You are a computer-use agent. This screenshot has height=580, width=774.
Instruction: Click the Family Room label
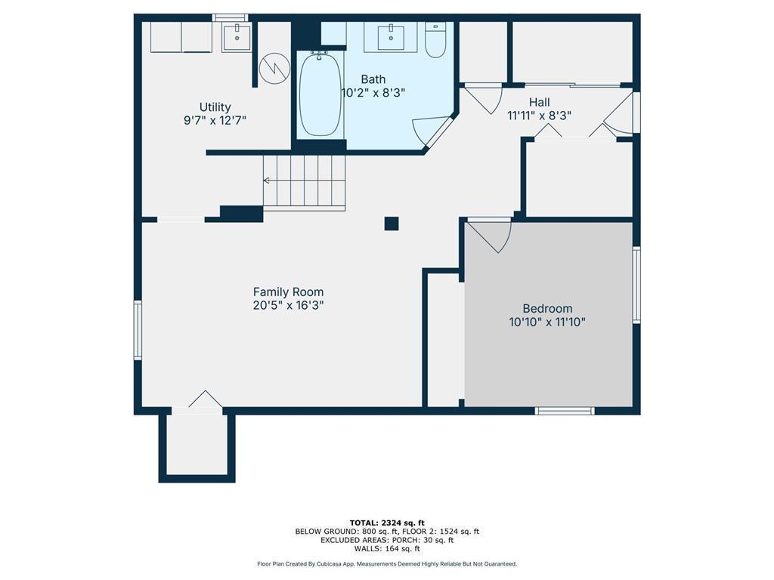point(288,292)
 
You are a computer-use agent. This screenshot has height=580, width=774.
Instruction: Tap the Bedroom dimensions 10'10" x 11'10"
point(547,322)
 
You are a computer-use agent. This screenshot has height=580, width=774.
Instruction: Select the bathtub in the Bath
point(320,94)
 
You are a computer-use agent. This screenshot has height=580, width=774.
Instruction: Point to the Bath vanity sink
point(391,35)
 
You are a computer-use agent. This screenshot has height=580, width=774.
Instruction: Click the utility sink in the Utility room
point(237,35)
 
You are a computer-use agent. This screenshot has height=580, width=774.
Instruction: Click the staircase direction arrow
point(268,180)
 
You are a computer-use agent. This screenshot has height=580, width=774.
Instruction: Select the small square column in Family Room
point(392,223)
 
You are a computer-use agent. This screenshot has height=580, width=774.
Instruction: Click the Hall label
point(539,102)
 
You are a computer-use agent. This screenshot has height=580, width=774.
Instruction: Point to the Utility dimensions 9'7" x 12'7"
point(215,120)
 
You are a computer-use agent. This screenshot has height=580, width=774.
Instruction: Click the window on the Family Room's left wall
point(138,329)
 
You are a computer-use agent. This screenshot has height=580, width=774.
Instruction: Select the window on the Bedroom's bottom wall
point(565,411)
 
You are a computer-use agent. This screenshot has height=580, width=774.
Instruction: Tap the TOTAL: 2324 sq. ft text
point(387,523)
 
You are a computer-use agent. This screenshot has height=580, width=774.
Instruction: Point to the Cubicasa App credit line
point(387,564)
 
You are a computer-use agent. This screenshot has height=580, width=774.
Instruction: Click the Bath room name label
point(373,79)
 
